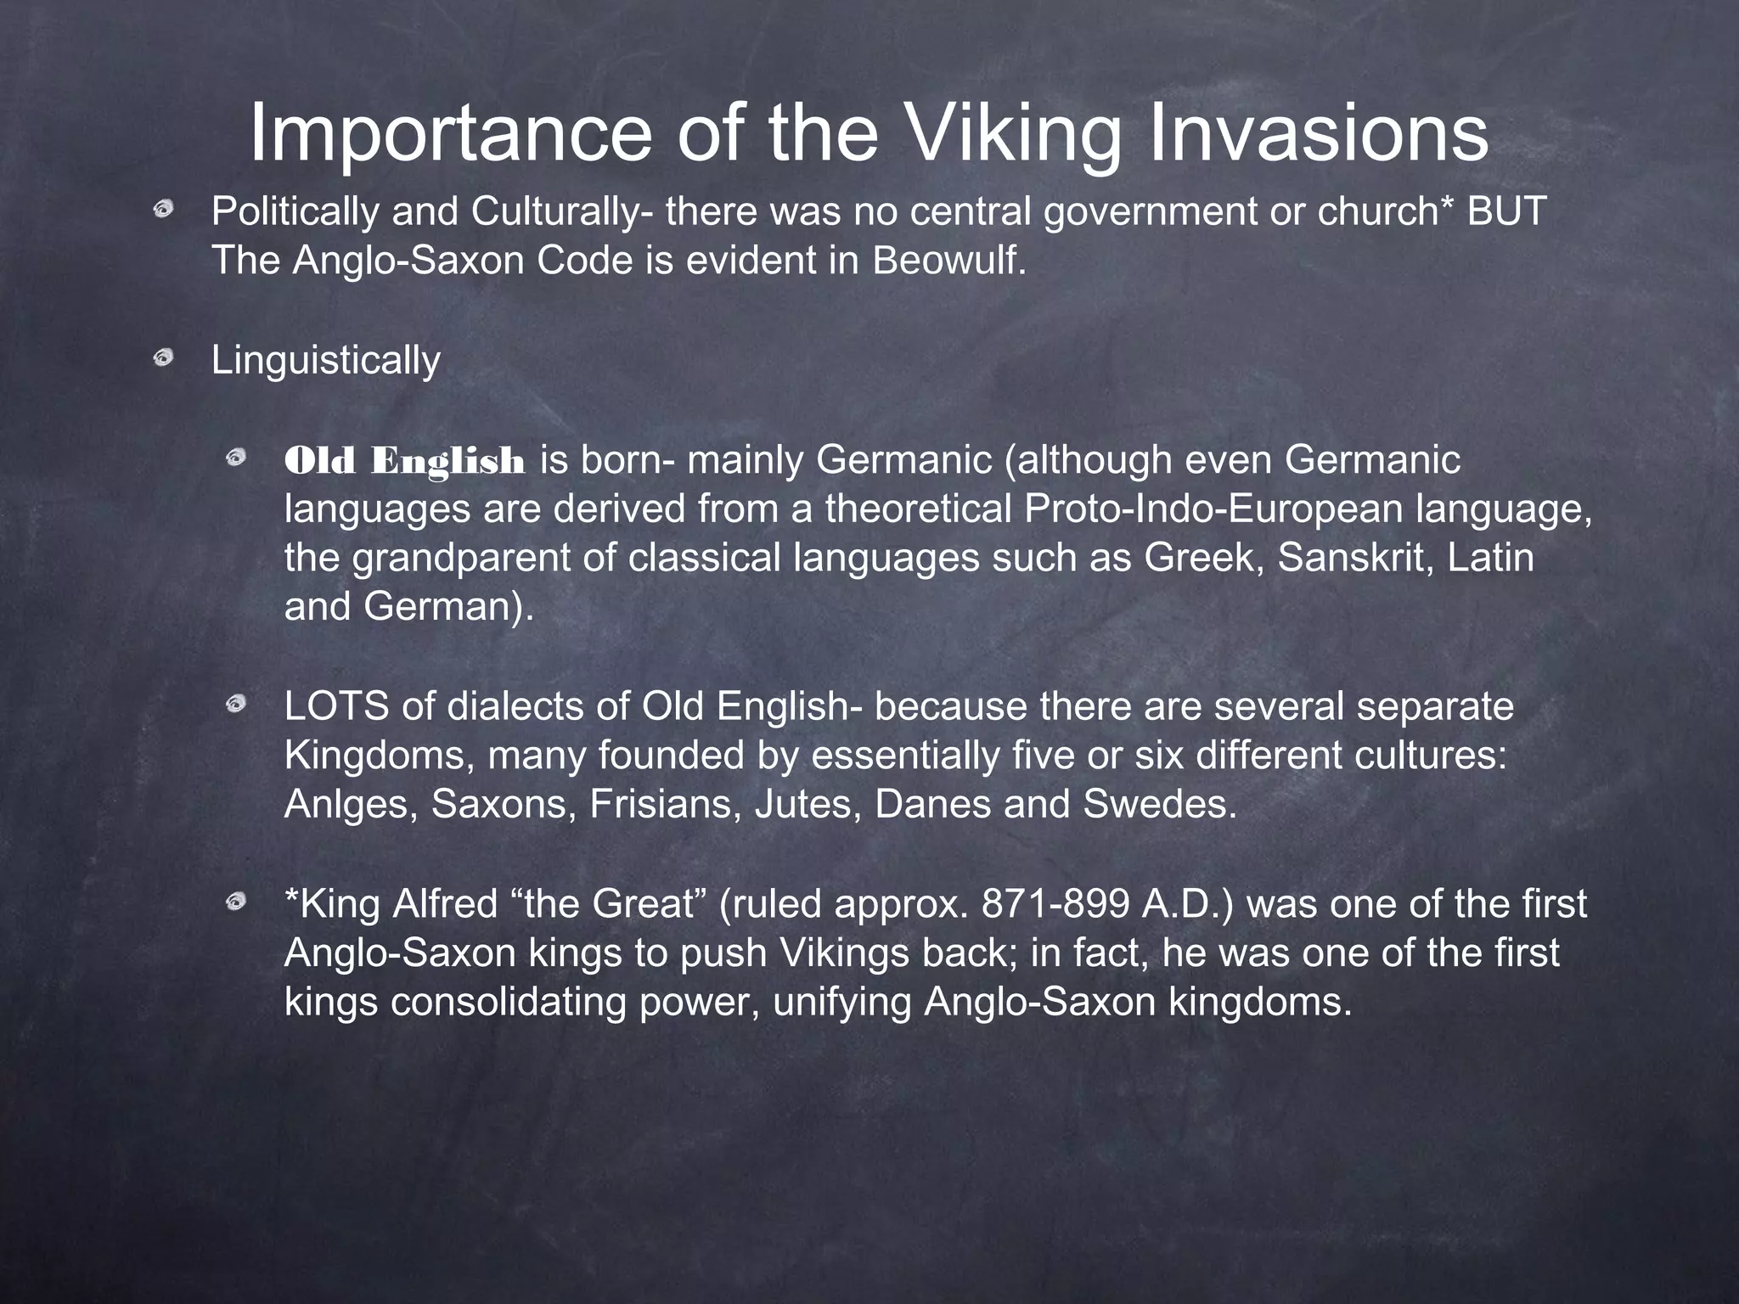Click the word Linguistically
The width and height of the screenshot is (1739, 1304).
[x=326, y=360]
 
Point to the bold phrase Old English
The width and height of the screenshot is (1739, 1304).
[x=405, y=461]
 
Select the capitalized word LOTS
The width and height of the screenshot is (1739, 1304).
[x=336, y=706]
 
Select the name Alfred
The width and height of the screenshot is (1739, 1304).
[x=445, y=903]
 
